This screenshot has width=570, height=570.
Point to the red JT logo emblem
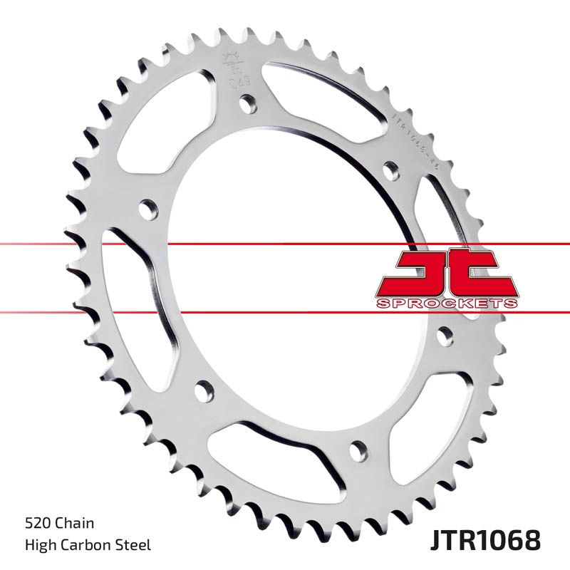point(446,274)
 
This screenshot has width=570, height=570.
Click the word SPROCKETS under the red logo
point(447,303)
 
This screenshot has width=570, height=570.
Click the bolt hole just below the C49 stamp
point(249,104)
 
